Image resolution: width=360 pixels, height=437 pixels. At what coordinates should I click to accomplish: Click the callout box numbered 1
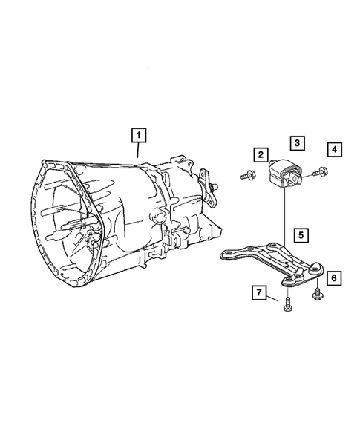pos(139,135)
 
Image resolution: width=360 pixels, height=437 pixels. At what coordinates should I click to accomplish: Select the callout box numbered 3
pos(295,142)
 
